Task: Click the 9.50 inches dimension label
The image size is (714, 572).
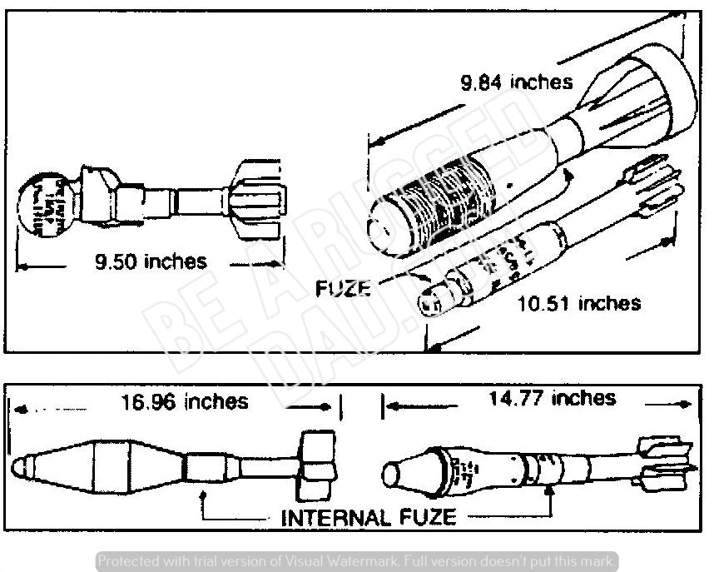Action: pyautogui.click(x=151, y=261)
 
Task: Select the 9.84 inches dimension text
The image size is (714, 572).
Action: pyautogui.click(x=517, y=82)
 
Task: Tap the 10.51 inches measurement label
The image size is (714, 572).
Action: pyautogui.click(x=579, y=302)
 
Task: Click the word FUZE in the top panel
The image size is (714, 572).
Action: pyautogui.click(x=343, y=288)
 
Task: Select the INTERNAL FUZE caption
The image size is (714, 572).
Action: pyautogui.click(x=369, y=517)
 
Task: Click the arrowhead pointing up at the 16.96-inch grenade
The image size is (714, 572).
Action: pyautogui.click(x=204, y=494)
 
